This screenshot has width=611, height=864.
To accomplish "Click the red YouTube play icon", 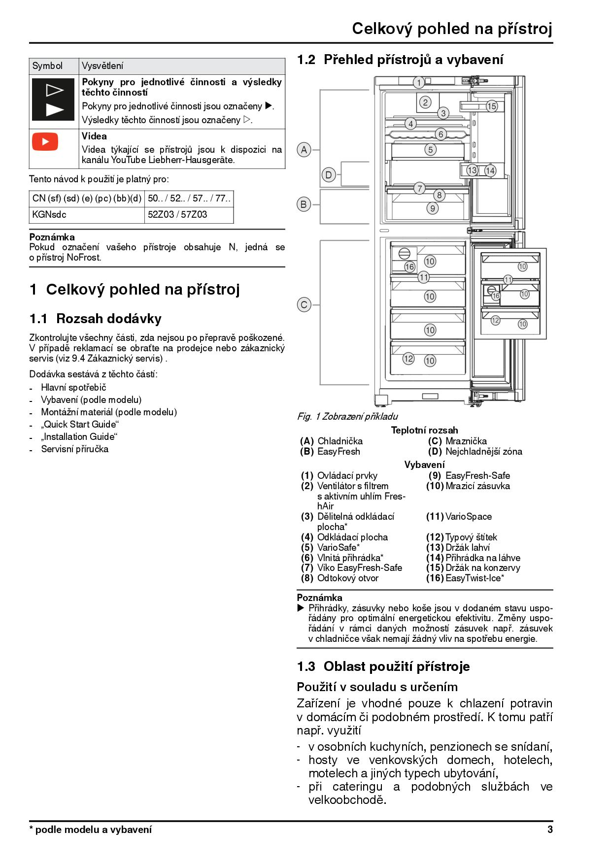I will tap(45, 142).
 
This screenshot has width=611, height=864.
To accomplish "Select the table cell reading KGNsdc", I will tap(49, 214).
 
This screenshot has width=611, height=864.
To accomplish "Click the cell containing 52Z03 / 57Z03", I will tap(177, 214).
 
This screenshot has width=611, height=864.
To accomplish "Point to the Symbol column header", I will tap(47, 66).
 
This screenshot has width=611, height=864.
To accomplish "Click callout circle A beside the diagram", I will tap(304, 149).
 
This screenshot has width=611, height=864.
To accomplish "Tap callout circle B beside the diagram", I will tap(304, 204).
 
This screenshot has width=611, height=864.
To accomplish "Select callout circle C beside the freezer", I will tap(304, 305).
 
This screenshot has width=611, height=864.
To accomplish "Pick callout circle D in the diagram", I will tap(329, 174).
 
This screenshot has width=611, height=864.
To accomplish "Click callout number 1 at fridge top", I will tap(418, 82).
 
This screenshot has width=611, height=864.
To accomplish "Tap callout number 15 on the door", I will tap(491, 106).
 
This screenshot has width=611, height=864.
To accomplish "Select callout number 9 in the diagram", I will tap(432, 208).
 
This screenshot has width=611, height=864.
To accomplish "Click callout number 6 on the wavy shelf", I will tap(441, 134).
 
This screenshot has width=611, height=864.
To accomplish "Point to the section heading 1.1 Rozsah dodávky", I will tap(96, 319).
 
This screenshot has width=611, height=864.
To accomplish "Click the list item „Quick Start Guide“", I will tap(80, 424).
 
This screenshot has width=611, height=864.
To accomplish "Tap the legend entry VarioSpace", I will tap(468, 516).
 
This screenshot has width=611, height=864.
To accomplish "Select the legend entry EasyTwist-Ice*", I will tap(474, 578).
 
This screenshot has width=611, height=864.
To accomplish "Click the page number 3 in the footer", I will tap(550, 829).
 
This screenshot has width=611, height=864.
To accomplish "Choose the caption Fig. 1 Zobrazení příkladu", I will tap(347, 416).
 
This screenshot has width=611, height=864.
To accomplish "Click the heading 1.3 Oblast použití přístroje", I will tap(383, 666).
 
